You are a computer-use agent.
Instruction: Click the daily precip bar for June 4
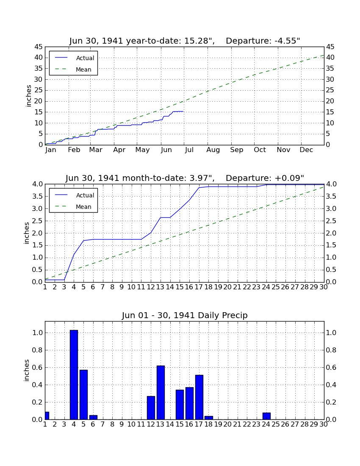[x=74, y=375]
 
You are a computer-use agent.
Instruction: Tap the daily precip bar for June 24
[x=266, y=416]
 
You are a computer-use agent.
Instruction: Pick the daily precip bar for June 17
[x=199, y=397]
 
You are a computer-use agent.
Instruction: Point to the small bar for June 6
[x=93, y=417]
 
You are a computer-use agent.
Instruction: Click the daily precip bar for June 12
[x=151, y=408]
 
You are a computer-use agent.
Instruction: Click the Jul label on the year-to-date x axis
[x=189, y=150]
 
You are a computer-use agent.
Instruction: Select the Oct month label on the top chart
[x=260, y=150]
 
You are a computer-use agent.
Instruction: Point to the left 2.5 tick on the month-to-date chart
[x=37, y=221]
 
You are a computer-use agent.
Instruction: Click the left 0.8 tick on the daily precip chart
[x=37, y=350]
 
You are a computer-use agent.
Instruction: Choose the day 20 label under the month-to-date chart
[x=227, y=287]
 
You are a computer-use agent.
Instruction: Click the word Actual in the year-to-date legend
[x=85, y=58]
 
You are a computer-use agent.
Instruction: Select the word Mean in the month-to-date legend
[x=83, y=207]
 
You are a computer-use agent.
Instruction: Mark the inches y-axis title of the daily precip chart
[x=27, y=370]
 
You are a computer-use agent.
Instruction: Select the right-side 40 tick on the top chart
[x=330, y=58]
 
